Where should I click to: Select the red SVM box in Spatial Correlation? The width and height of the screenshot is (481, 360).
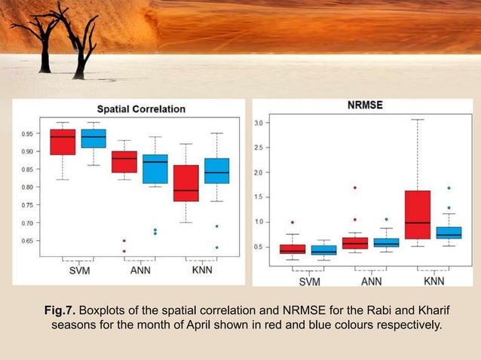63,142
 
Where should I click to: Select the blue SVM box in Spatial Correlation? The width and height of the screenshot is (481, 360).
93,139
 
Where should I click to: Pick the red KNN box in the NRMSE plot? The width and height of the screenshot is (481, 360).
417,215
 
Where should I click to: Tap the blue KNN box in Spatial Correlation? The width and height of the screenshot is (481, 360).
216,171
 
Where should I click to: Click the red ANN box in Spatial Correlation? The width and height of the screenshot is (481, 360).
124,162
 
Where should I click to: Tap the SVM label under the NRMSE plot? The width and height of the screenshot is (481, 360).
309,282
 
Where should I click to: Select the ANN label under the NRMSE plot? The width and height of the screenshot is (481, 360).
371,282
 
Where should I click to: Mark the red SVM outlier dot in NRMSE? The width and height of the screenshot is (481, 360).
293,222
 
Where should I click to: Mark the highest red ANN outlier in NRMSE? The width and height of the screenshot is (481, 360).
354,188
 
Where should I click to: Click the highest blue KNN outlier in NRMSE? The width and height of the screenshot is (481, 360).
449,188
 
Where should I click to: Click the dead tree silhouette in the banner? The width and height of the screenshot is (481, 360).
57,30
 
